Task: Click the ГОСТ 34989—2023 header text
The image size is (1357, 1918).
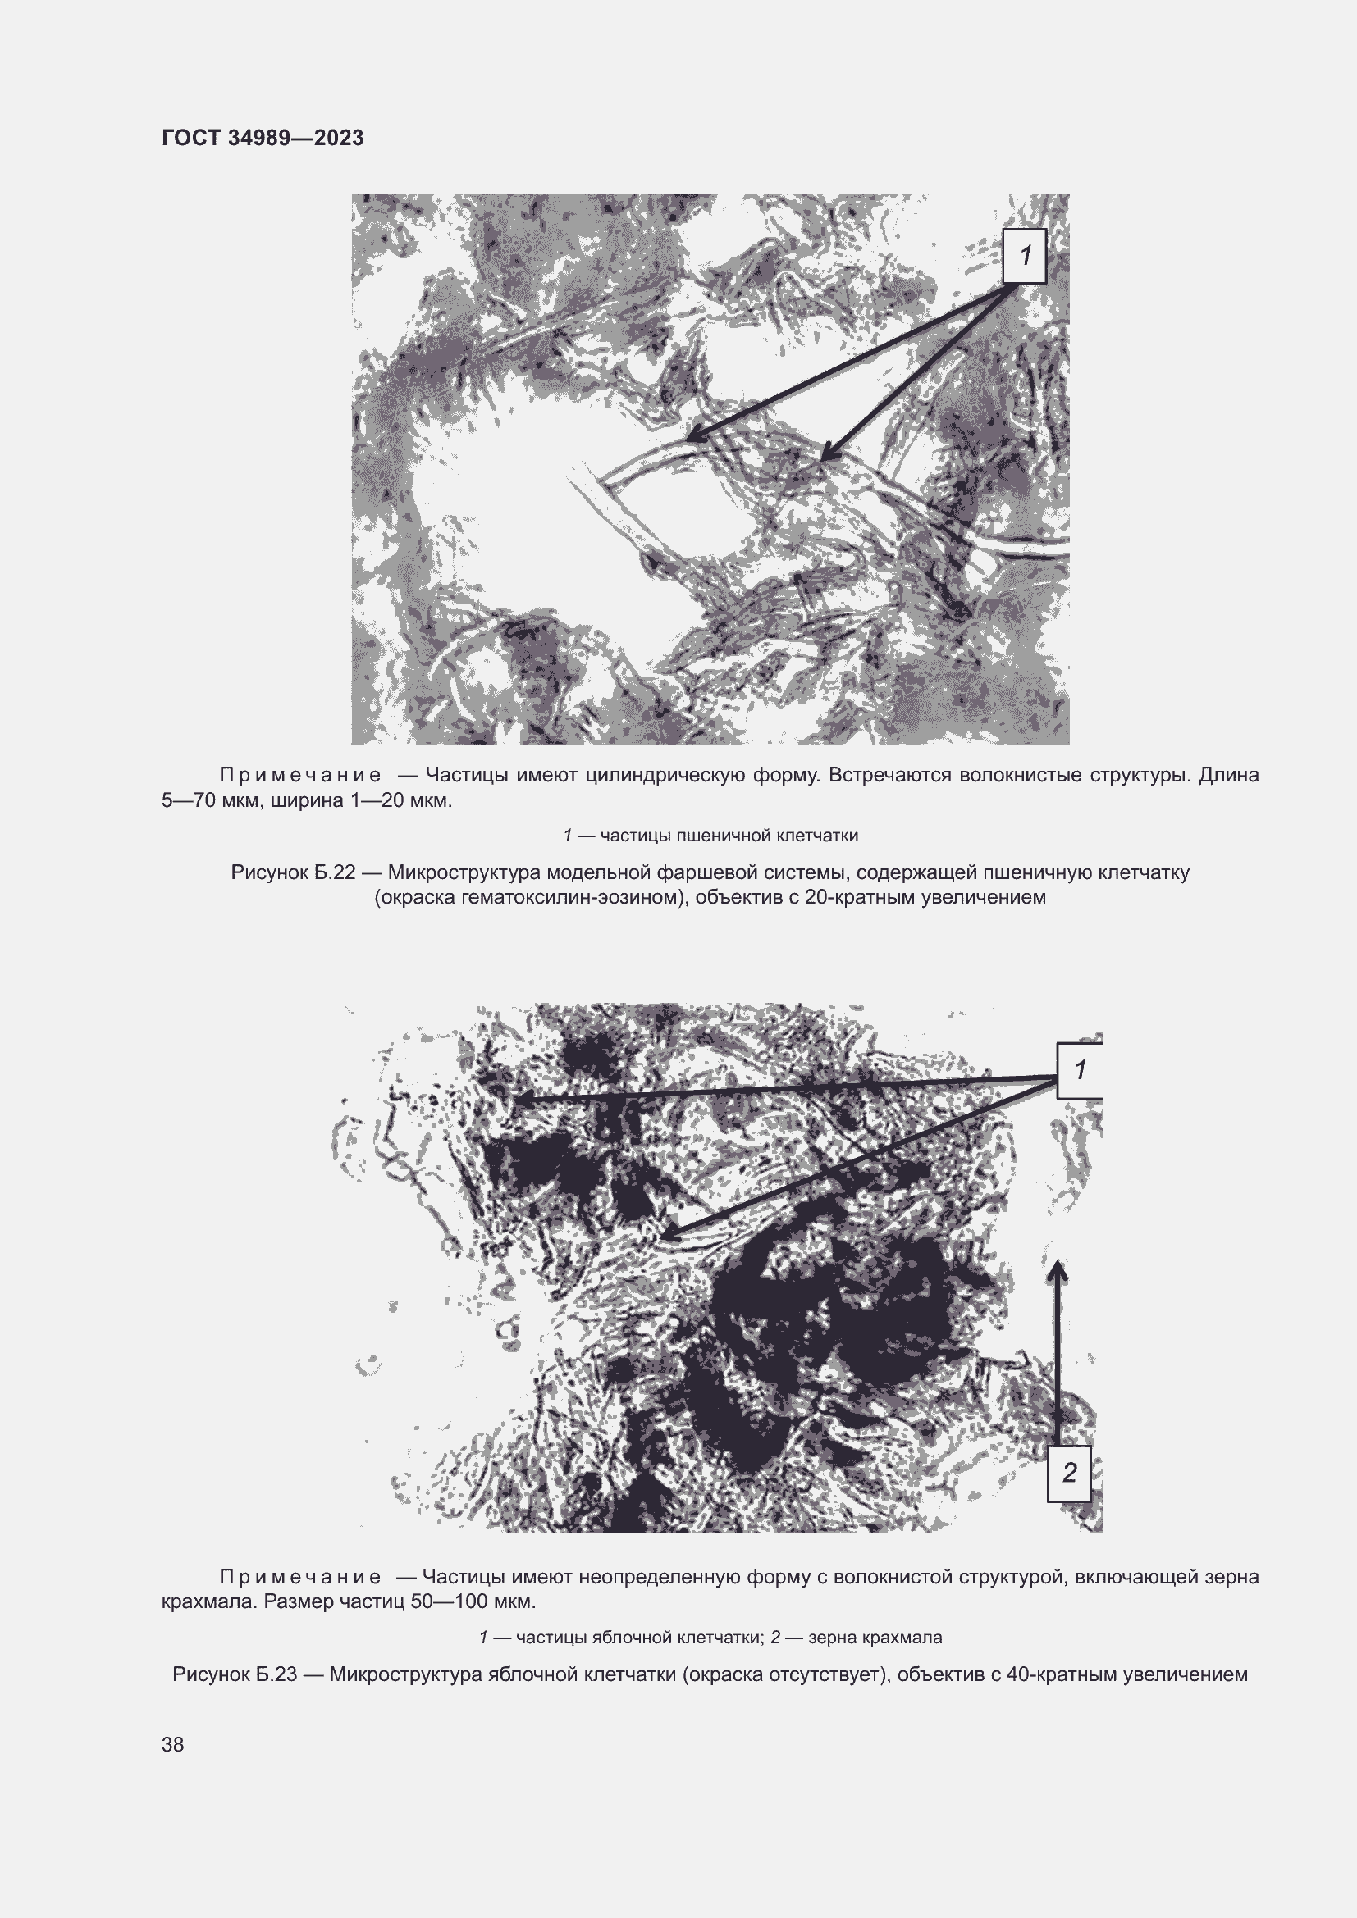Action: (x=263, y=138)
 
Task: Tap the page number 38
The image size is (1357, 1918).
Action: (x=173, y=1744)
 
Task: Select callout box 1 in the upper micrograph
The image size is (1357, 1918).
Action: (x=1025, y=256)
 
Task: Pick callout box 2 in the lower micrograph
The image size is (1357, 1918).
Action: (x=1069, y=1474)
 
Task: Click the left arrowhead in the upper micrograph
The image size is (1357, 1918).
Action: (x=693, y=436)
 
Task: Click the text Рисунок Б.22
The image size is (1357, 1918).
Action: (x=293, y=873)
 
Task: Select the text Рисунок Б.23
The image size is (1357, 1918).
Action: (x=235, y=1675)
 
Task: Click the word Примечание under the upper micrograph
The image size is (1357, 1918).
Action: (x=300, y=776)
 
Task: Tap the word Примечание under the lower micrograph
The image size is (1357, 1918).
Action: (x=300, y=1577)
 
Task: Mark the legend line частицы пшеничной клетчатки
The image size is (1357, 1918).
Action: (x=710, y=836)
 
